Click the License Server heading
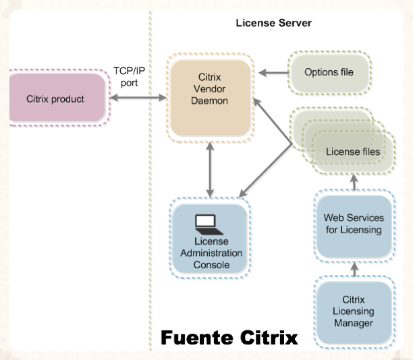click(x=273, y=23)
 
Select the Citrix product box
click(x=55, y=99)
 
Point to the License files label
click(x=352, y=152)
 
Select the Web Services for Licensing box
click(x=354, y=224)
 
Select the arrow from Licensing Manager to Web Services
click(x=354, y=268)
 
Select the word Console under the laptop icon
click(x=212, y=265)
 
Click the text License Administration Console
click(x=212, y=253)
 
